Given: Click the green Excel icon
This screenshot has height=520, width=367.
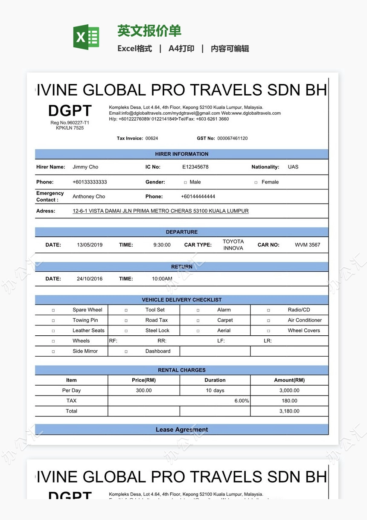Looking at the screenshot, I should tap(86, 37).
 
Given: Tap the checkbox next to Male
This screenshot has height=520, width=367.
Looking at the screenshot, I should tap(185, 183).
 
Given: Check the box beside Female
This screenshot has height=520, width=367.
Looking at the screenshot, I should tap(256, 183).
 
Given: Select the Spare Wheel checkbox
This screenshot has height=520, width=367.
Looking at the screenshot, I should tap(53, 311).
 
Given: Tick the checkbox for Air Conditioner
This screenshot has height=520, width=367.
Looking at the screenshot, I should tap(268, 321).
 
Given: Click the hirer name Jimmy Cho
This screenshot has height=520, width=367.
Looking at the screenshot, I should tap(85, 167).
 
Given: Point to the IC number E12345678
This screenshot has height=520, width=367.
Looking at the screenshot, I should tap(195, 167).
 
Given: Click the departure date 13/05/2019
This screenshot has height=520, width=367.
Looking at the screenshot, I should tap(90, 245).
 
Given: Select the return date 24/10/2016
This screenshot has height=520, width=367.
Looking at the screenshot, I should tap(90, 279).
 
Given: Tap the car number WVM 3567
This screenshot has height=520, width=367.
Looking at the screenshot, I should tap(307, 245).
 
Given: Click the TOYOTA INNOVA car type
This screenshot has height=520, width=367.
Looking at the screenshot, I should tap(233, 245).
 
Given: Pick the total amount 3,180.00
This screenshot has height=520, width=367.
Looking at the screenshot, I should tap(289, 411).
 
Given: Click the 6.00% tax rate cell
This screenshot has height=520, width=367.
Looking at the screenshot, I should tap(242, 401).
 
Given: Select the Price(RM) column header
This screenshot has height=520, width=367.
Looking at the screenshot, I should tap(144, 380).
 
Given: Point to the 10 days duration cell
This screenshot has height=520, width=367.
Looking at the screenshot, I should tap(215, 391).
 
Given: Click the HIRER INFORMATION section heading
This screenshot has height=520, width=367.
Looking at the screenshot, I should tap(182, 154).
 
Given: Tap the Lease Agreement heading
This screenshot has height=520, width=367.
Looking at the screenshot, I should tap(182, 430).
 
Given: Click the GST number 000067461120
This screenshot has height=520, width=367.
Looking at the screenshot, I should tap(233, 139).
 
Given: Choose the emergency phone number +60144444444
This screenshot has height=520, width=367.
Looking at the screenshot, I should tap(198, 197).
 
